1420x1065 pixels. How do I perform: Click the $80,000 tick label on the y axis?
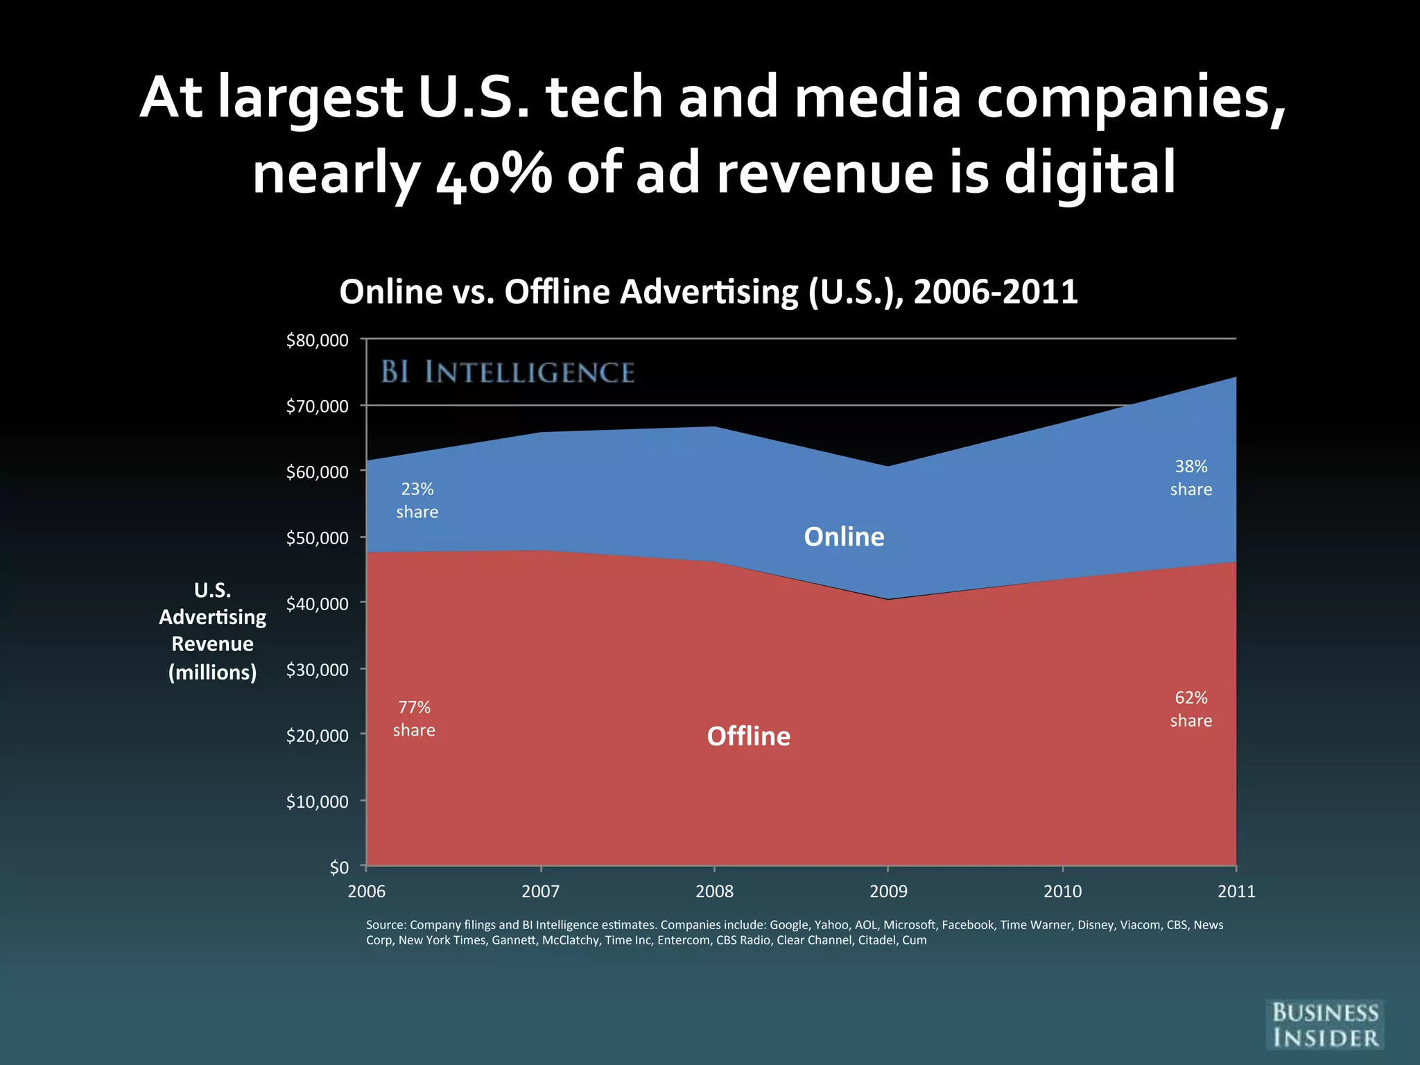[317, 340]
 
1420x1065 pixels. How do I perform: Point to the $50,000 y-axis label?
[317, 538]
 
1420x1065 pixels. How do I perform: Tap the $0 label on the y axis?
[339, 867]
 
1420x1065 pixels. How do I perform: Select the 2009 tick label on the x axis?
[888, 892]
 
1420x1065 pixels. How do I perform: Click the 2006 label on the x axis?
[366, 892]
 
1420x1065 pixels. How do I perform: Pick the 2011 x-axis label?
[1236, 892]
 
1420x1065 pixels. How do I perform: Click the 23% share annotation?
[417, 501]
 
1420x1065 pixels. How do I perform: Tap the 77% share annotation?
[414, 719]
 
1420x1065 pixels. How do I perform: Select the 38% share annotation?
[1191, 478]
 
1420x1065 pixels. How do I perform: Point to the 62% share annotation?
[1191, 709]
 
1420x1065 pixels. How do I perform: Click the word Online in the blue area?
[844, 537]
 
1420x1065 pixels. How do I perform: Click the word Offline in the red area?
[748, 736]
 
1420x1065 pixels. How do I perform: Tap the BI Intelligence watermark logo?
[508, 372]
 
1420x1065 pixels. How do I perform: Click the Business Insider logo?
[1325, 1025]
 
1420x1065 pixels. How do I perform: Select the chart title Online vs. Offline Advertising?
[708, 291]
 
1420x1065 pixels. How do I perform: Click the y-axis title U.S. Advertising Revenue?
[212, 631]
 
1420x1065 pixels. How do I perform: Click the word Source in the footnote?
[386, 925]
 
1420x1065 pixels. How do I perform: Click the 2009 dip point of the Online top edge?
[888, 466]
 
